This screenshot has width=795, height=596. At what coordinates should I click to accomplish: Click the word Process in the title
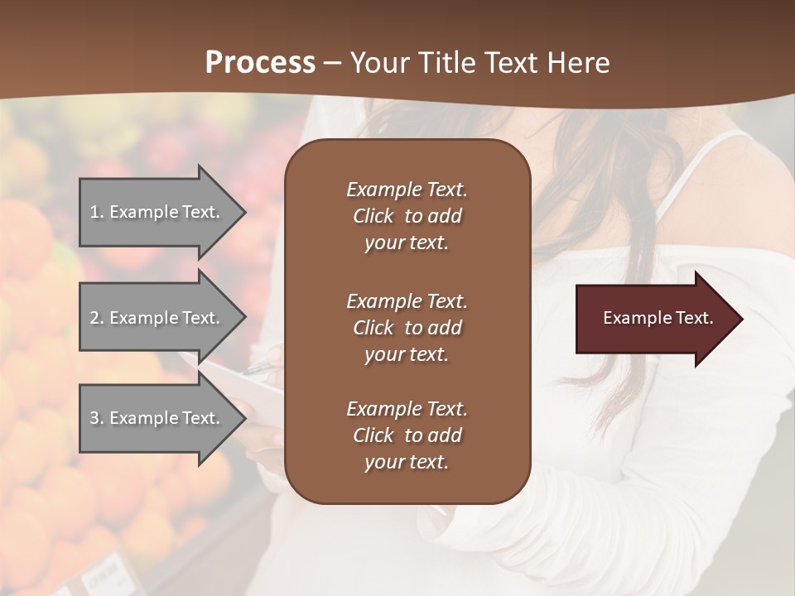point(260,63)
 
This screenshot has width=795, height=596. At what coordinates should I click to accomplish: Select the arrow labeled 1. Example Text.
point(157,212)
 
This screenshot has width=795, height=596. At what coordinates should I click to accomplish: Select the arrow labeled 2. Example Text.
point(157,318)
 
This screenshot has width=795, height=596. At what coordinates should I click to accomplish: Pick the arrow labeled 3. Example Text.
point(157,418)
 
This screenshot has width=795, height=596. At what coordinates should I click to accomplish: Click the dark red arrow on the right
point(654,319)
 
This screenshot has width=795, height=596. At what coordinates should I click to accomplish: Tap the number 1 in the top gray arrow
point(94,212)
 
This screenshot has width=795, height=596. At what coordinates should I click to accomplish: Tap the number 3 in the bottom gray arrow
point(94,418)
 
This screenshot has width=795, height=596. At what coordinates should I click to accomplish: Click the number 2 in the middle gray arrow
point(94,318)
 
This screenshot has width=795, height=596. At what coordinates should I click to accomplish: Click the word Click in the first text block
point(373,216)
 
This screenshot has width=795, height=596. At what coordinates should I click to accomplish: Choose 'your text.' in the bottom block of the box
point(406,462)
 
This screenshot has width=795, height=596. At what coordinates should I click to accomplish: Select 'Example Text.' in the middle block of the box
point(407,300)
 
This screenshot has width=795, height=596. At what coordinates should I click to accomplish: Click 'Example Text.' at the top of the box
point(407,190)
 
